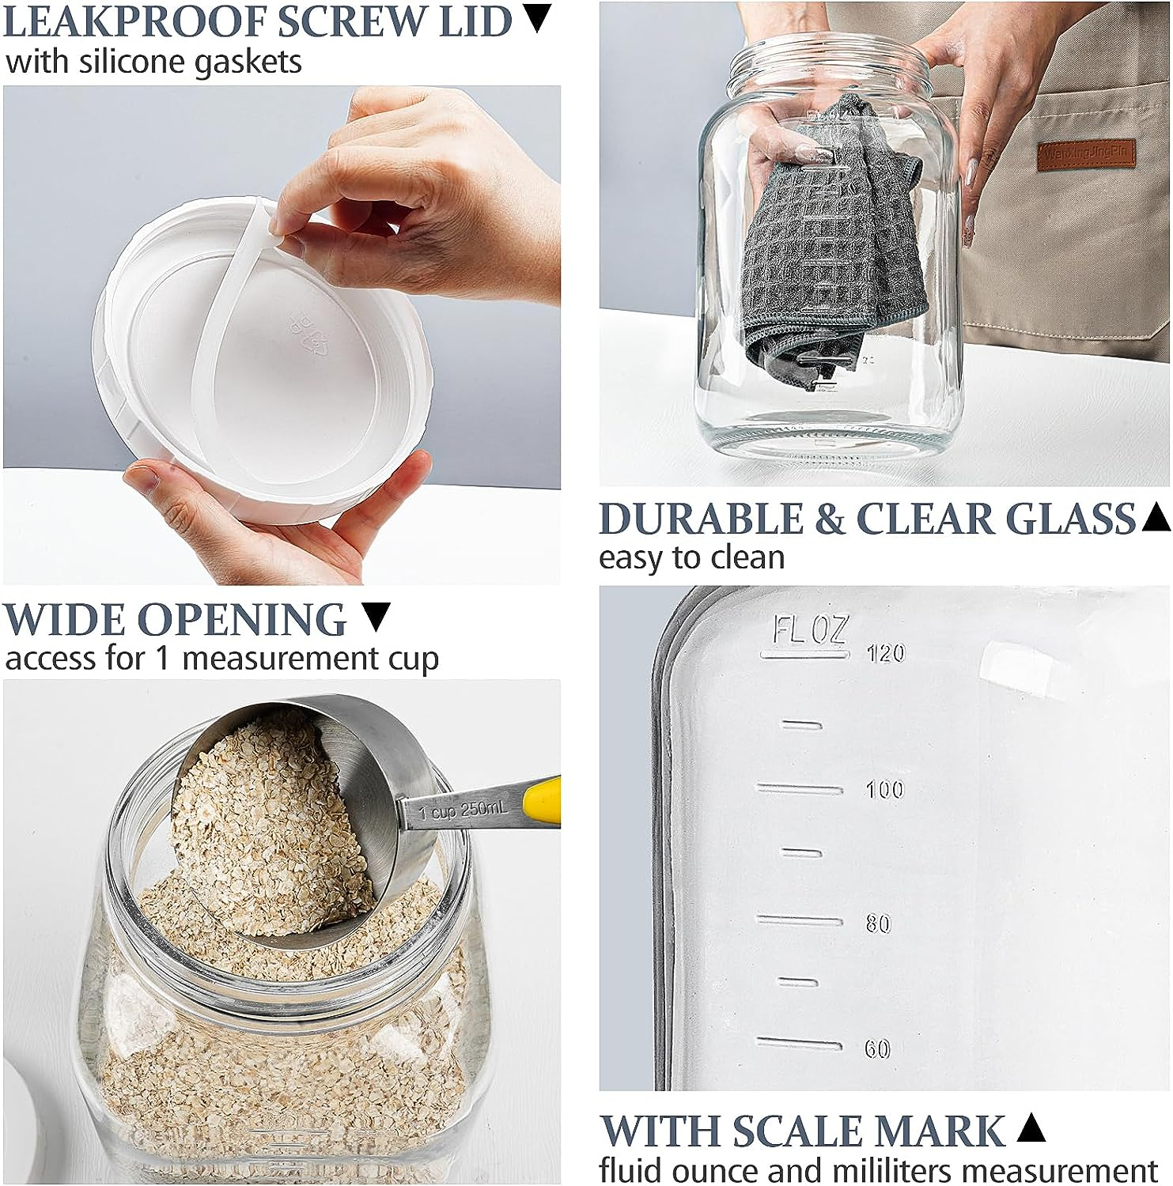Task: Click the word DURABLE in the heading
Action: (x=701, y=520)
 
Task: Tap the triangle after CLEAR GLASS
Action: (x=1157, y=518)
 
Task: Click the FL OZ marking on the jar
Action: (x=808, y=632)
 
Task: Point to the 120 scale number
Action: (x=885, y=653)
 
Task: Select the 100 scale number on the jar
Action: (x=884, y=789)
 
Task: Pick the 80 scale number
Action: (x=878, y=923)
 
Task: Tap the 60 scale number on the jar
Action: (x=877, y=1049)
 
